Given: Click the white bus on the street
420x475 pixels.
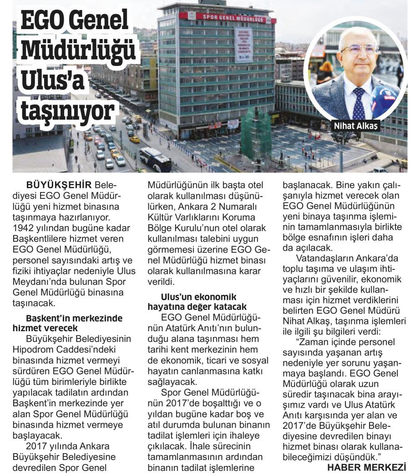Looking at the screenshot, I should (155, 158).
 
